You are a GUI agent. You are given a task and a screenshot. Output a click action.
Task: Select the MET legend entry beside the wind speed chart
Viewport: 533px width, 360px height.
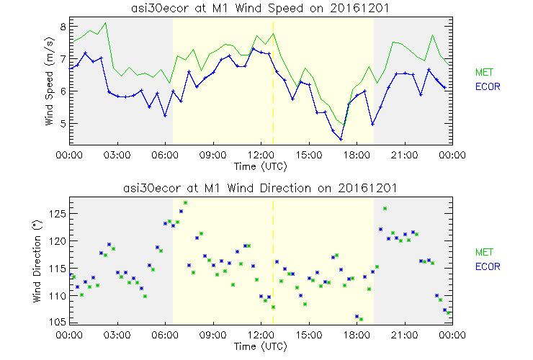[x=484, y=72]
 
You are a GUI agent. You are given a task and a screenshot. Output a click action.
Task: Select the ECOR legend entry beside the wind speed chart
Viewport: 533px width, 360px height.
[x=488, y=86]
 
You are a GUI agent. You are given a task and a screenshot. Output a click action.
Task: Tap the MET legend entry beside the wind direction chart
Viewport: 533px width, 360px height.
[x=484, y=252]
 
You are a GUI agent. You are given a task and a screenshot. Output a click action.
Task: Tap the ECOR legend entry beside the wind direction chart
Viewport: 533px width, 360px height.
[x=488, y=266]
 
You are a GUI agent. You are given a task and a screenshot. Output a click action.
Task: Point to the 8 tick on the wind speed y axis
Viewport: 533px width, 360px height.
[x=63, y=26]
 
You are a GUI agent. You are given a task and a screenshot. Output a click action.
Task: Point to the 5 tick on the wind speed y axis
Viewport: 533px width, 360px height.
[x=63, y=123]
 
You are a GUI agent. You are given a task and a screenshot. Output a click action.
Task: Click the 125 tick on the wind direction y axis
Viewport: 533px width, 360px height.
[x=58, y=214]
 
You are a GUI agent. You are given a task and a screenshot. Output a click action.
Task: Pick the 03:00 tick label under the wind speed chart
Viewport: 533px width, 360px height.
[x=117, y=155]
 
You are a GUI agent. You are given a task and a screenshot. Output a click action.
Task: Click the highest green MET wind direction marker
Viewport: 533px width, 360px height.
[x=185, y=203]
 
